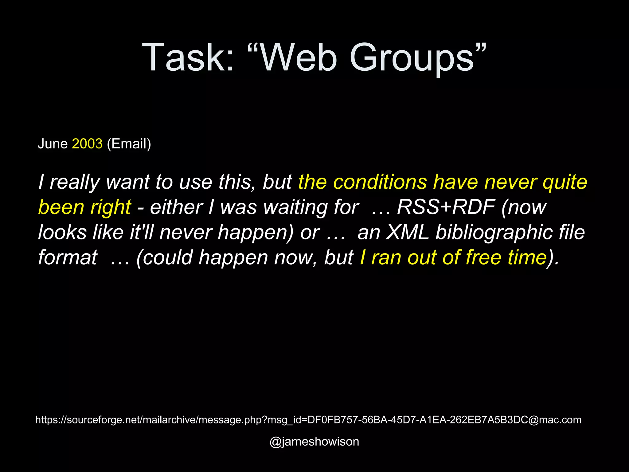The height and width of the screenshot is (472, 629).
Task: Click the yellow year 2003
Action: (87, 144)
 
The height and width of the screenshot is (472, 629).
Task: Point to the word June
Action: (53, 144)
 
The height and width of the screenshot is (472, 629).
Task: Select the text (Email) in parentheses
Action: (129, 144)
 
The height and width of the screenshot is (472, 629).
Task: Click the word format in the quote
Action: (68, 257)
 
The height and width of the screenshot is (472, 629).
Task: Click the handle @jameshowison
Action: (314, 442)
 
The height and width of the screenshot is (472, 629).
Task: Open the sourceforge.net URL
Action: (308, 420)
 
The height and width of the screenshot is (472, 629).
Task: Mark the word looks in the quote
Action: (62, 232)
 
